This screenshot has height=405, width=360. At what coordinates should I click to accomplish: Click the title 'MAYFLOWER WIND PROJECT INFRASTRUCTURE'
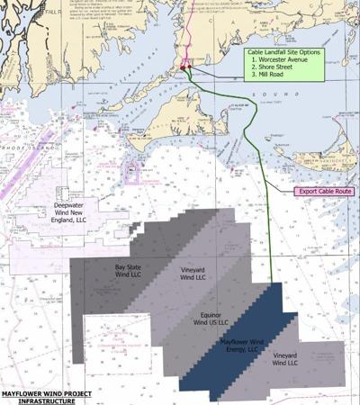point(47,397)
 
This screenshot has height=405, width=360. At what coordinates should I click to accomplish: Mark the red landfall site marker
point(183,67)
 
